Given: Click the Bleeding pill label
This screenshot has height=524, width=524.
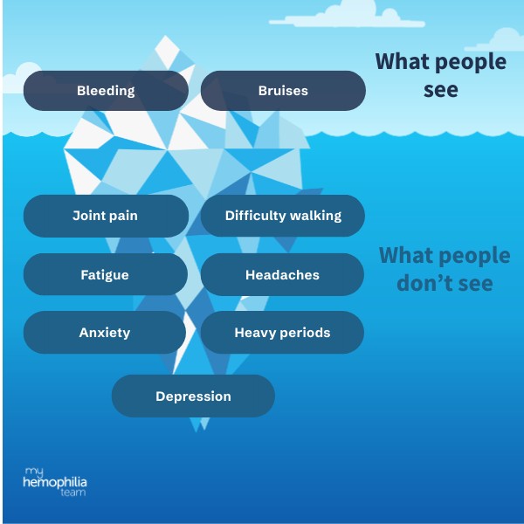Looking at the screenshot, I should coord(106,91).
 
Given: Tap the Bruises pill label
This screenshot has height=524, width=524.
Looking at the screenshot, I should coord(283,91).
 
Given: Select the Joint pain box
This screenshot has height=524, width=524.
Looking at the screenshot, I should coord(106,216).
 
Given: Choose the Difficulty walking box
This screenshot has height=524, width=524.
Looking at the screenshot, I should coord(283,216).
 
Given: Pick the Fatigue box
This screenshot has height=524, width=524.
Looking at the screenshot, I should coord(105,274).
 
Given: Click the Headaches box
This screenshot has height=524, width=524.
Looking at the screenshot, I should coord(282,274).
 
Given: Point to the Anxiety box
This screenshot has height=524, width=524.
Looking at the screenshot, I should coord(105,333).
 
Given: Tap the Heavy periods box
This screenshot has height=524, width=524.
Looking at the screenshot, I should coord(282,333).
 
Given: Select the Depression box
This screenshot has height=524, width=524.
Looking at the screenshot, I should coord(193,396).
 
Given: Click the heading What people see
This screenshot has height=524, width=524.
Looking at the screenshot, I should coord(440,75).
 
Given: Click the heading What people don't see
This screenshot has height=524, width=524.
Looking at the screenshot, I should coord(444,269).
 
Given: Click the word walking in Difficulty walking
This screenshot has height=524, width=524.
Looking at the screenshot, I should coord(312,216).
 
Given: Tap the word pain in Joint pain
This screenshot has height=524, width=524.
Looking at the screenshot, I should coord(124,216).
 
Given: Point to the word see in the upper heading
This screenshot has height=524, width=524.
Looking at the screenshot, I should coord(440,89).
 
